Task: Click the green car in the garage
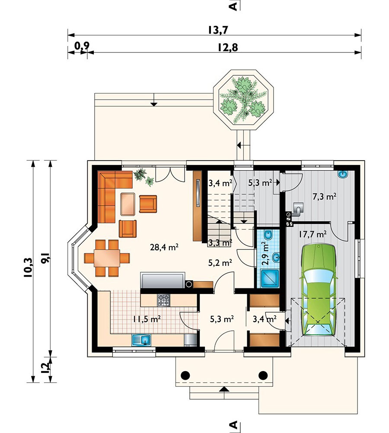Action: [319, 290]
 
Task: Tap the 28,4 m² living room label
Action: [164, 247]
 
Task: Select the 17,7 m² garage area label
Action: [312, 234]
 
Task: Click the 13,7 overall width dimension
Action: [218, 30]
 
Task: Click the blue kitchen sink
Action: [141, 340]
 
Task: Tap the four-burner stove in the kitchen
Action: [163, 300]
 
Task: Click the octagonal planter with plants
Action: [244, 100]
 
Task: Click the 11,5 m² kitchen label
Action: [147, 319]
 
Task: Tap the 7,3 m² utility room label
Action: [324, 197]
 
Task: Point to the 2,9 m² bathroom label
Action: [265, 253]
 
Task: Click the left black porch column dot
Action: [185, 375]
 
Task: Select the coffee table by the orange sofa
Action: [128, 204]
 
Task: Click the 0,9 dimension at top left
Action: [82, 46]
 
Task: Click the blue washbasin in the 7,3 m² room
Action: [343, 174]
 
